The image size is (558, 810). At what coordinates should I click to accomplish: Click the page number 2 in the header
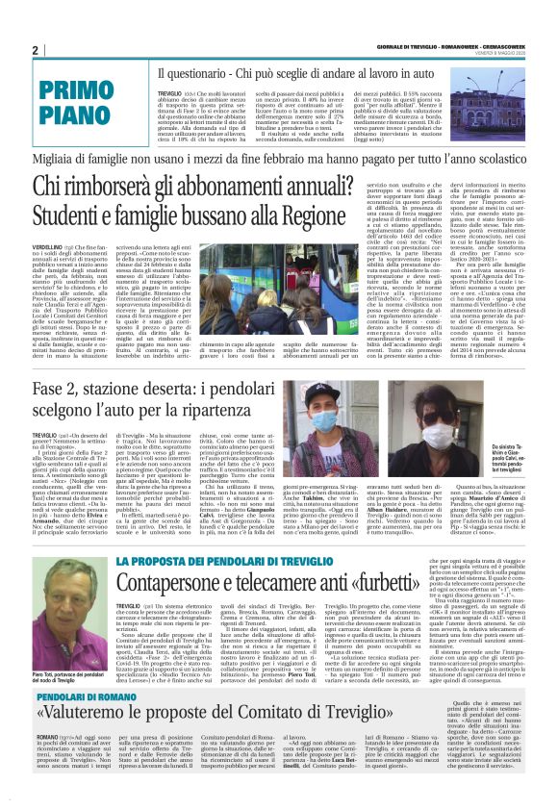tap(35, 50)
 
